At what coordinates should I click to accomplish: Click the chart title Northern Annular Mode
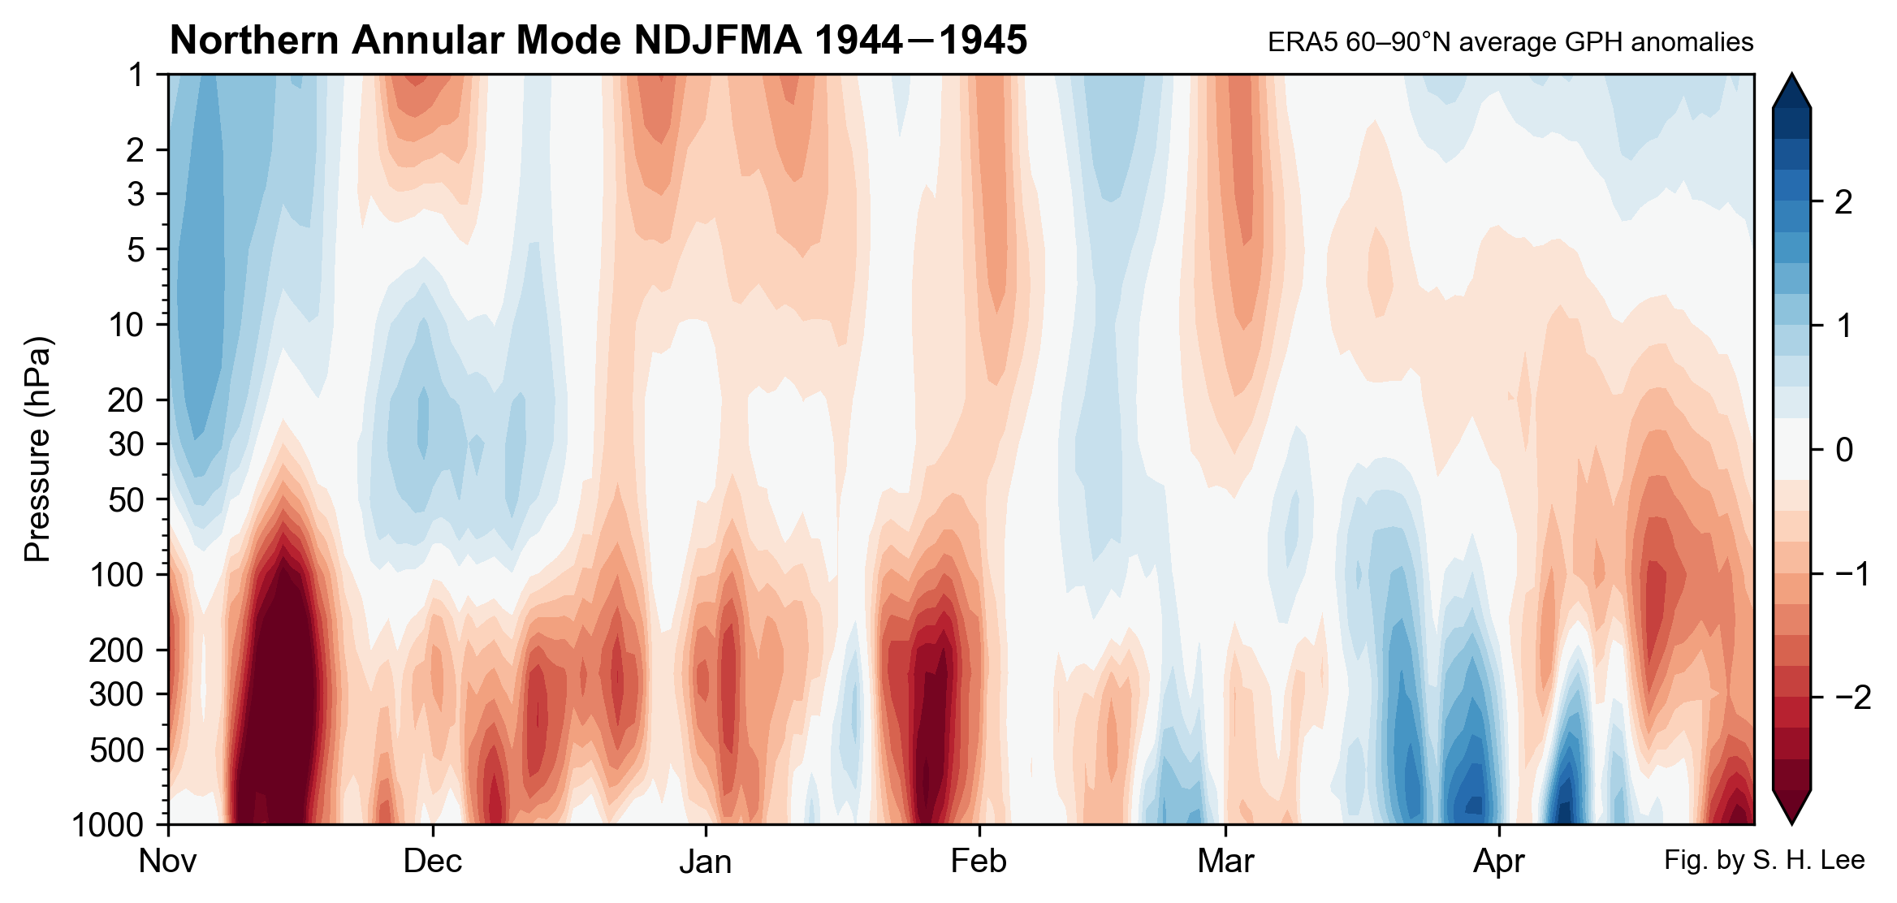[x=598, y=41]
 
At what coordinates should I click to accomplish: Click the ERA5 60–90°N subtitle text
[x=1510, y=42]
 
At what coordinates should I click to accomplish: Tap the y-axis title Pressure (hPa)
[x=37, y=449]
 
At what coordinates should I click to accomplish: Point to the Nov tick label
[x=167, y=862]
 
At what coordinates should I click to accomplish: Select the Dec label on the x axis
[x=432, y=862]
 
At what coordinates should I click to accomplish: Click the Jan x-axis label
[x=705, y=862]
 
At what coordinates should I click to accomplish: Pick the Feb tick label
[x=978, y=862]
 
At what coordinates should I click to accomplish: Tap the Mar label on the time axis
[x=1225, y=862]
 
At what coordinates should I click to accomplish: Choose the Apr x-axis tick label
[x=1498, y=862]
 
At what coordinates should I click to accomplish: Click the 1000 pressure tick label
[x=107, y=825]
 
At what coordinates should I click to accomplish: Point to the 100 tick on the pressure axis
[x=116, y=575]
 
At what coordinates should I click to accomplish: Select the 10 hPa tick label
[x=125, y=325]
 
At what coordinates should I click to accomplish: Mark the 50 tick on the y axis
[x=125, y=500]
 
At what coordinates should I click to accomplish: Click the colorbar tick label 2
[x=1843, y=202]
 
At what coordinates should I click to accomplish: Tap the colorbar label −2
[x=1852, y=698]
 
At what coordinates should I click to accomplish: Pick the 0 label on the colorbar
[x=1843, y=450]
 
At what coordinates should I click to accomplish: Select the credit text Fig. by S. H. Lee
[x=1764, y=860]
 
